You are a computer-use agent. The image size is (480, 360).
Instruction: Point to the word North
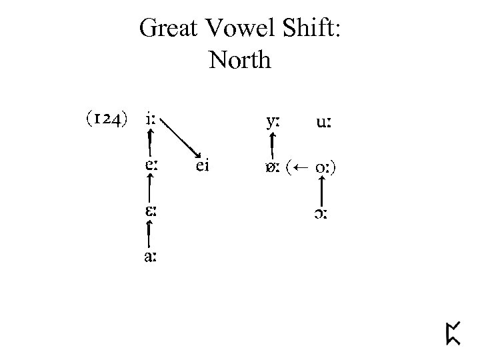[240, 60]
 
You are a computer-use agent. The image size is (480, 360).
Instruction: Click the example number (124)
[105, 121]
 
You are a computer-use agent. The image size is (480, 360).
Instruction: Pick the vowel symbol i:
[151, 121]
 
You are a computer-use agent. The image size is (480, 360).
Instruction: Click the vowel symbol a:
[151, 256]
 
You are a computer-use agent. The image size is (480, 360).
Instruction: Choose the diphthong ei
[203, 166]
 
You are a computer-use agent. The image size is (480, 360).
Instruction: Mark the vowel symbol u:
[325, 123]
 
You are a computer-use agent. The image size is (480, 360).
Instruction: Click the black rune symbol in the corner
[454, 331]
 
